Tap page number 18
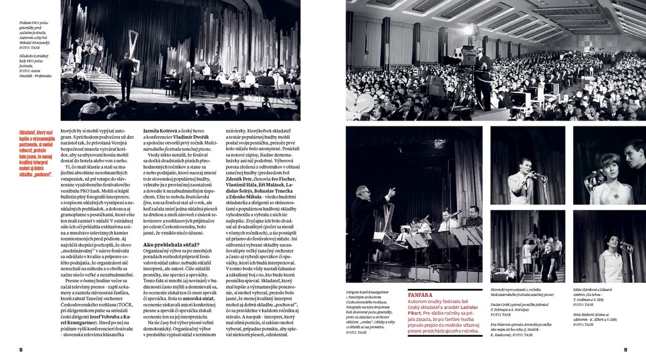tap(21, 350)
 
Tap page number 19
tap(626, 350)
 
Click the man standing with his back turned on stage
tap(127, 75)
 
